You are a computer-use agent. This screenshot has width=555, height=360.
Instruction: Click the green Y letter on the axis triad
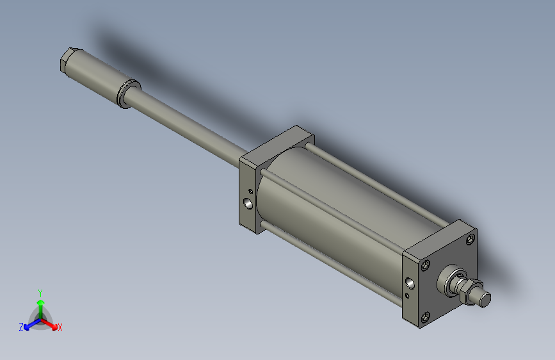click(x=40, y=292)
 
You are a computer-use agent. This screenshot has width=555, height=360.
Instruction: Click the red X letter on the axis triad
click(x=60, y=327)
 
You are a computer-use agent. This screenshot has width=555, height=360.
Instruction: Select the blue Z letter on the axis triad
click(x=21, y=327)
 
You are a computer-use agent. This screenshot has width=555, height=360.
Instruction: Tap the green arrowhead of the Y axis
click(x=40, y=302)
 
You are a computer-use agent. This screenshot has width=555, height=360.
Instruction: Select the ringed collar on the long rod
click(x=129, y=94)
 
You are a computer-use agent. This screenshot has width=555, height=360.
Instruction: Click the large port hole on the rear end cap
click(x=248, y=204)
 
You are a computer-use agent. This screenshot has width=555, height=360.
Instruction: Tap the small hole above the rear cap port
click(x=250, y=190)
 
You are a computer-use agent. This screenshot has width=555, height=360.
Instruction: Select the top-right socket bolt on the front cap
click(x=471, y=240)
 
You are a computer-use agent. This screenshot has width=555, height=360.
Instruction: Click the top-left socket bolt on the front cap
click(x=425, y=264)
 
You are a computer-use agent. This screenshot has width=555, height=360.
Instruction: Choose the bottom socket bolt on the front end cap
click(x=425, y=316)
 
